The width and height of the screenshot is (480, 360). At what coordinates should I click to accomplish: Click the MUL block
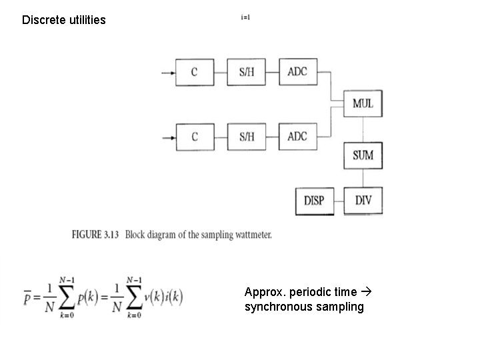(363, 104)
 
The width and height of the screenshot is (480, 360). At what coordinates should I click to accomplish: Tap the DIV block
(363, 201)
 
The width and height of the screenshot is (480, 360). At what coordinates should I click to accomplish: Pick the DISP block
(314, 201)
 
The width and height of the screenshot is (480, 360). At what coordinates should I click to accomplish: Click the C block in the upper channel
(195, 72)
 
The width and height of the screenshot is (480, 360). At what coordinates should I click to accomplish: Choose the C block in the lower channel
(195, 137)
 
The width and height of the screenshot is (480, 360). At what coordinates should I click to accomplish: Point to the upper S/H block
(247, 72)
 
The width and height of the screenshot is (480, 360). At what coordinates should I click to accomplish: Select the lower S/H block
(247, 137)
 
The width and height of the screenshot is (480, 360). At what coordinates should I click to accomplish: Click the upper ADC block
(297, 71)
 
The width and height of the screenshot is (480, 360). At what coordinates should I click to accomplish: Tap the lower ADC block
(297, 137)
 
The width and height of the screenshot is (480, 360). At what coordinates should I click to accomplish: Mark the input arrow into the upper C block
(165, 72)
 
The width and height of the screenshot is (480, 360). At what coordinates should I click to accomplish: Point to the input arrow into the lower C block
(165, 137)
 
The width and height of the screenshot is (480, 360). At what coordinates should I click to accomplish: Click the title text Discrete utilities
(64, 20)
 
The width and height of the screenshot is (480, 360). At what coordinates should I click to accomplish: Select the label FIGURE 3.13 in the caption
(95, 235)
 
